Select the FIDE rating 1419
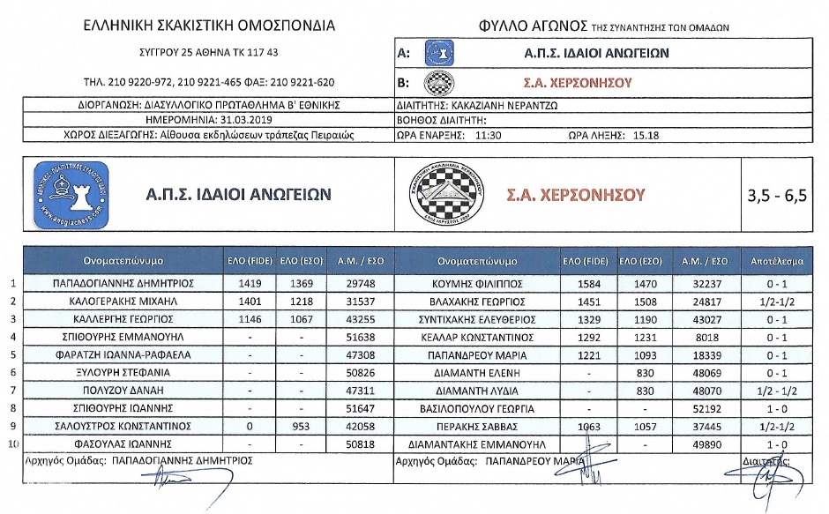tap(252, 284)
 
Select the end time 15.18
tap(646, 135)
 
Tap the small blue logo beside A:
tap(438, 53)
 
